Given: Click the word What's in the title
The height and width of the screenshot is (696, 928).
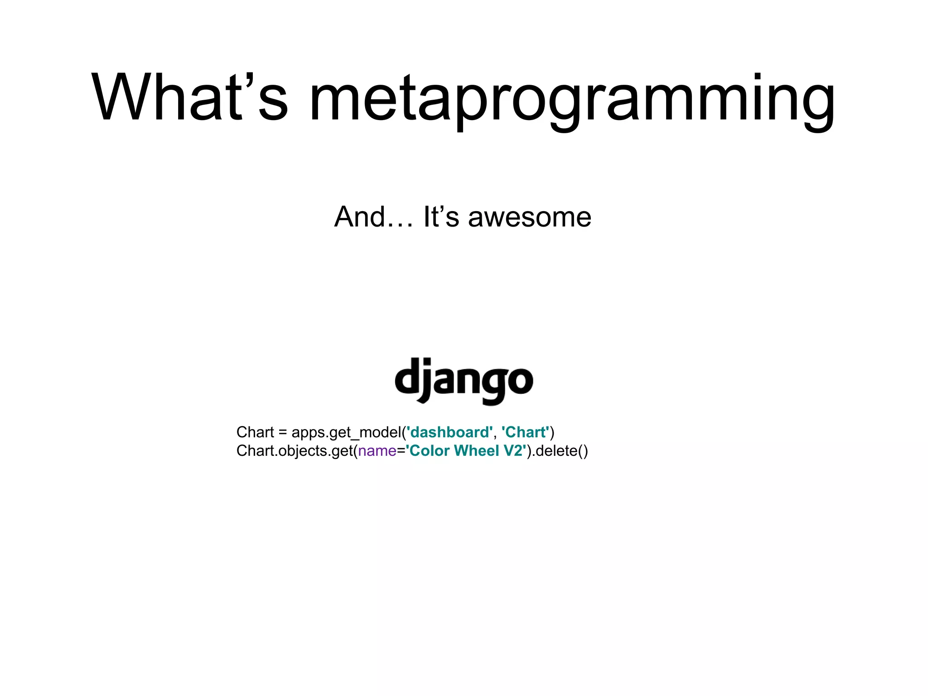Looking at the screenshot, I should [x=189, y=97].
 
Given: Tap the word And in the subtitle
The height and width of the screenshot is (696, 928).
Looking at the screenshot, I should [x=359, y=217].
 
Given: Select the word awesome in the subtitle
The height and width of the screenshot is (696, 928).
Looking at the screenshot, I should [x=529, y=217].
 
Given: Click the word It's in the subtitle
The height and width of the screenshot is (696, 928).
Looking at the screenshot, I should [x=441, y=217].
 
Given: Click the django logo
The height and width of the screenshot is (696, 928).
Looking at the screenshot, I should [x=464, y=381].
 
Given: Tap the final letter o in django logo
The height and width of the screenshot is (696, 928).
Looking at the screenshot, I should [x=520, y=381].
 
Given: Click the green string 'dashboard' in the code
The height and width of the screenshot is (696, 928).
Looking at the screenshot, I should [x=449, y=432].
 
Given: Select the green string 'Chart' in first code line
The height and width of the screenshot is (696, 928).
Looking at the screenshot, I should [x=525, y=432].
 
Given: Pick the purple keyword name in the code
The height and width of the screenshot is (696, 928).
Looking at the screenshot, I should [x=377, y=451].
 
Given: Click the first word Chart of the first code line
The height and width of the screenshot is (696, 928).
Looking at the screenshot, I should [x=255, y=432].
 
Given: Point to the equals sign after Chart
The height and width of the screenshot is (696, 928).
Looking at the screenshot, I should [x=283, y=433].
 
